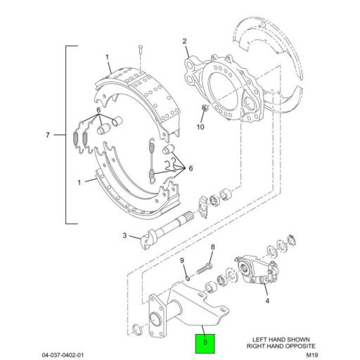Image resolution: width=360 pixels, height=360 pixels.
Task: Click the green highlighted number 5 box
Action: click(x=205, y=345)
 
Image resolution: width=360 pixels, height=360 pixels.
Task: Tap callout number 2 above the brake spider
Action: click(x=184, y=41)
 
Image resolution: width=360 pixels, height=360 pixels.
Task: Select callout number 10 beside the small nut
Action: click(x=200, y=127)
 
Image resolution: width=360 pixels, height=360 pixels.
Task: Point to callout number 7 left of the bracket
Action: click(x=47, y=134)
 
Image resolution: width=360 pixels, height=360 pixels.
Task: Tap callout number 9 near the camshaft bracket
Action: click(x=181, y=261)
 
